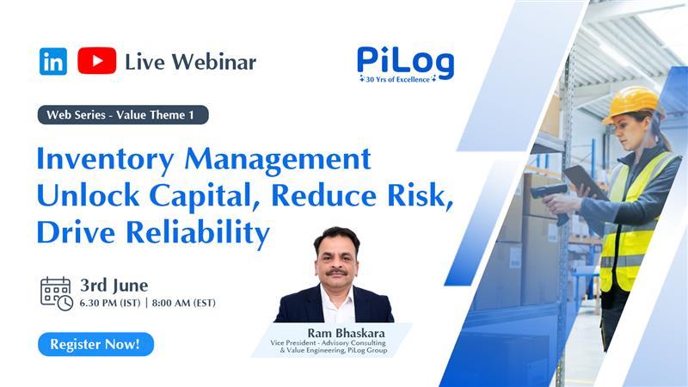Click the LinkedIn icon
53,61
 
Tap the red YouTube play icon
97,60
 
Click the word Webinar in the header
213,62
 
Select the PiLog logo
405,61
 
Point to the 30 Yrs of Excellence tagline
398,79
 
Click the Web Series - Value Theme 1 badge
123,114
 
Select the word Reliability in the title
198,233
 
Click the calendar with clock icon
57,293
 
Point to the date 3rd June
114,286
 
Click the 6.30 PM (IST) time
110,303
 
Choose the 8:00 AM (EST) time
184,303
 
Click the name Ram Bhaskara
346,333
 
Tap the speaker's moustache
336,272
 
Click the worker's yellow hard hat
631,103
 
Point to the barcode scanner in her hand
550,200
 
